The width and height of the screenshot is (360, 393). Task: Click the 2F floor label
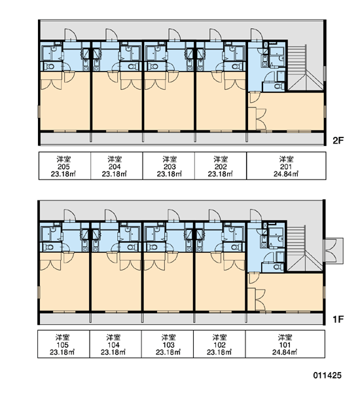[338, 141]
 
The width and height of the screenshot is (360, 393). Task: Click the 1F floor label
[338, 320]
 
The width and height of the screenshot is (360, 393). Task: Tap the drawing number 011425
[327, 375]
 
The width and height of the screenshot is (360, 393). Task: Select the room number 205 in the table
[63, 166]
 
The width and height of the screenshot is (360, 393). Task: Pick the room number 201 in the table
[286, 166]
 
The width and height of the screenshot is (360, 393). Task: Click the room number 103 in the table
[168, 345]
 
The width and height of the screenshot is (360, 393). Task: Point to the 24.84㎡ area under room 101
[285, 352]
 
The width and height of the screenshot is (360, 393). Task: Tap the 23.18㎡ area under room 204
[115, 174]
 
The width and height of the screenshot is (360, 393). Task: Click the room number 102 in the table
[219, 345]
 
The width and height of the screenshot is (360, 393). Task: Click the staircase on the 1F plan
[305, 248]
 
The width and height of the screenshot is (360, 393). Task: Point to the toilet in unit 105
[49, 248]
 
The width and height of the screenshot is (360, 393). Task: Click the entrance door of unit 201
[257, 35]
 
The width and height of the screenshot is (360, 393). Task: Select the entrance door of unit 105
[70, 215]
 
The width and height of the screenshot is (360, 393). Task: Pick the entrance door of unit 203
[174, 35]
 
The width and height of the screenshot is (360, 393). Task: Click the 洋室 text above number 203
[170, 159]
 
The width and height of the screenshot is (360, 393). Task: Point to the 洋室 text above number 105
[62, 337]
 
